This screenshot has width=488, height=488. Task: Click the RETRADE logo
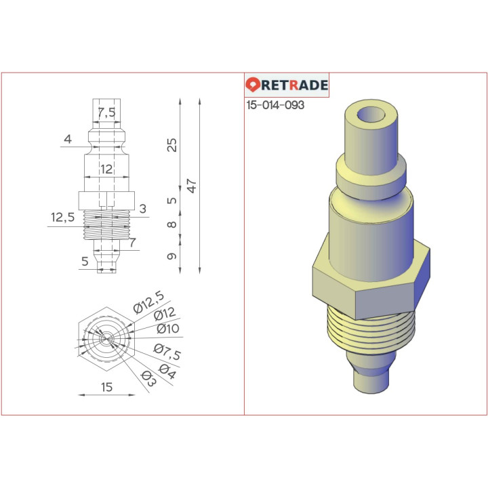point(287,85)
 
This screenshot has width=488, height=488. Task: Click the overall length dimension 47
point(192,186)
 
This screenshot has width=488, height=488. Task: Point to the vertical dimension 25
point(172,144)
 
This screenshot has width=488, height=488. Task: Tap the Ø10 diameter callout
point(167,329)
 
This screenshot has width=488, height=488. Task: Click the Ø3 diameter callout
point(147,380)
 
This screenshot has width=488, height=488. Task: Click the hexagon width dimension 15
point(107,387)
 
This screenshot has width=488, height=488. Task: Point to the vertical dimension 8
point(172,225)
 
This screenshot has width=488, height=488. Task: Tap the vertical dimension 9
point(172,256)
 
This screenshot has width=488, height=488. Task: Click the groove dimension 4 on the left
point(67,140)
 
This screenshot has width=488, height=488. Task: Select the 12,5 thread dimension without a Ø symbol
point(62,217)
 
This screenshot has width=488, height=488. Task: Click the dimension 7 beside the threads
point(132,242)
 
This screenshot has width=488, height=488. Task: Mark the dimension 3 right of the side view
point(142,209)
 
